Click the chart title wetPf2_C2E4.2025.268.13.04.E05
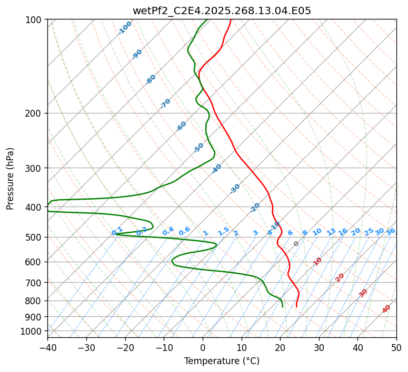[222, 11]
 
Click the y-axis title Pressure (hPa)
[11, 179]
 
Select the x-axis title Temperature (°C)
[222, 361]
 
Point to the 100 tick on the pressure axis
[34, 20]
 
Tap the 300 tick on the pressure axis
[34, 168]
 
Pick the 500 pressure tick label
[34, 237]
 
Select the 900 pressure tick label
[34, 317]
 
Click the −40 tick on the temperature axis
[47, 347]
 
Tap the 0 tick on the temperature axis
[203, 347]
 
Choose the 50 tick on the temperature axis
[396, 347]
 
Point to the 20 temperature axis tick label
[280, 347]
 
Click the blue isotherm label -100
[125, 28]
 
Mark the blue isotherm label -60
[182, 126]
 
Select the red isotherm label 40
[386, 309]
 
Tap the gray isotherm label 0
[296, 244]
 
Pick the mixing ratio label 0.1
[117, 231]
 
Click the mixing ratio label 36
[391, 231]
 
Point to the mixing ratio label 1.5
[224, 231]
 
